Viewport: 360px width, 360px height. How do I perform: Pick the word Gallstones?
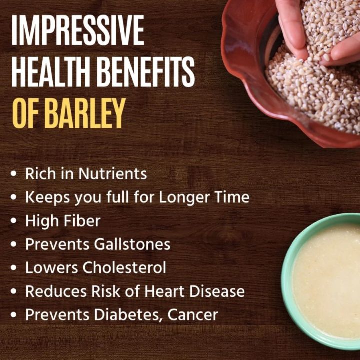131,244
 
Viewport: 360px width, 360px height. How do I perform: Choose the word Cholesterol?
124,268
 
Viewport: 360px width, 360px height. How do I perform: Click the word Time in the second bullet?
233,197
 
